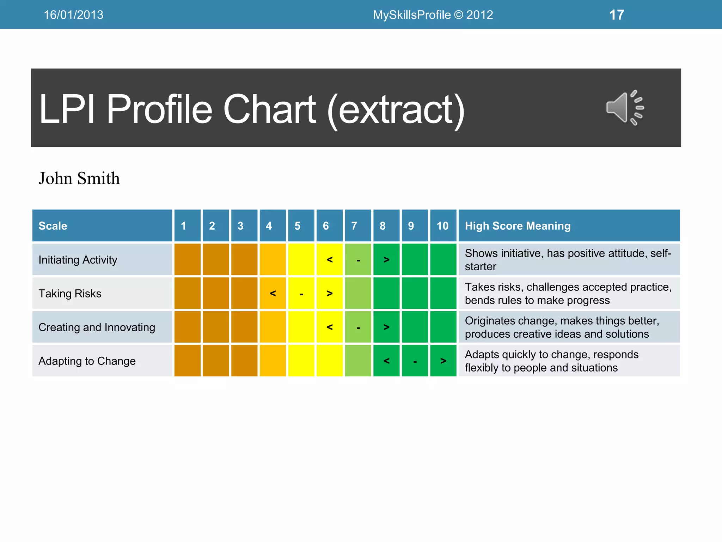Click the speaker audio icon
pyautogui.click(x=625, y=108)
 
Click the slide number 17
pyautogui.click(x=617, y=15)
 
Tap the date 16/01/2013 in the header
pyautogui.click(x=73, y=15)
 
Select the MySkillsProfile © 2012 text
pyautogui.click(x=433, y=15)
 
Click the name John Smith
pyautogui.click(x=79, y=178)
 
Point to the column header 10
pyautogui.click(x=443, y=226)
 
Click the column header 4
pyautogui.click(x=269, y=226)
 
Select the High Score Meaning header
pyautogui.click(x=518, y=226)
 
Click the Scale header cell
pyautogui.click(x=53, y=226)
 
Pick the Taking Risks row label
pyautogui.click(x=70, y=294)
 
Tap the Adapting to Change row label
pyautogui.click(x=87, y=361)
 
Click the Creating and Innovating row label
pyautogui.click(x=97, y=327)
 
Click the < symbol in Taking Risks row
pyautogui.click(x=273, y=293)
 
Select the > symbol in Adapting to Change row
pyautogui.click(x=443, y=361)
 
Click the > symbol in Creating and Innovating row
pyautogui.click(x=386, y=327)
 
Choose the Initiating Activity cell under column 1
pyautogui.click(x=188, y=260)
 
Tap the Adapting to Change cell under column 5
pyautogui.click(x=301, y=361)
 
